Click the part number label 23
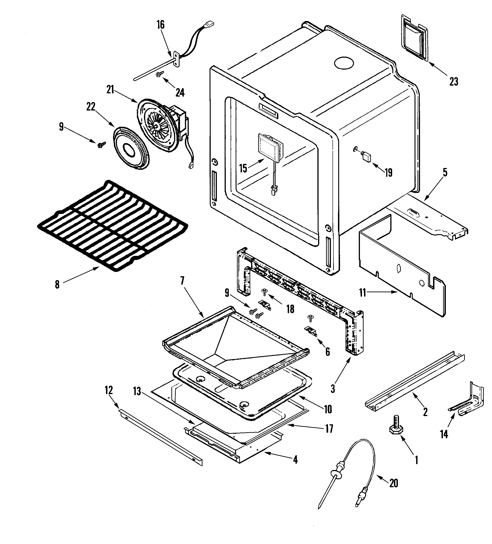click(x=454, y=81)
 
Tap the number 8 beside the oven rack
click(x=57, y=284)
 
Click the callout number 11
click(x=363, y=292)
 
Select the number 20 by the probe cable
click(x=394, y=483)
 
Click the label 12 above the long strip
click(x=109, y=390)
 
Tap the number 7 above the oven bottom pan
click(x=182, y=281)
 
